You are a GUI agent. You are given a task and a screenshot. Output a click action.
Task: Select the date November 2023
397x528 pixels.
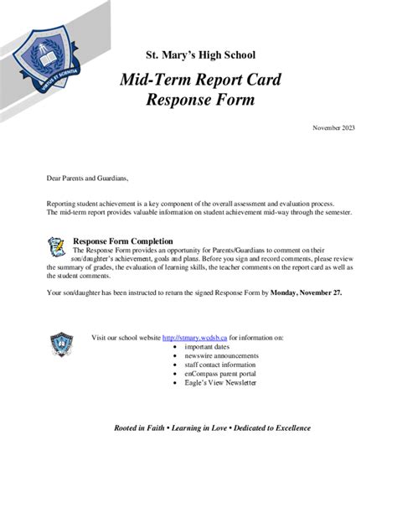(333, 127)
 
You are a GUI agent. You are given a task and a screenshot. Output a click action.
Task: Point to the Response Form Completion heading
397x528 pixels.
(123, 241)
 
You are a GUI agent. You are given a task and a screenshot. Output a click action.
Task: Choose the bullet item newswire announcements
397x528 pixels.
(221, 355)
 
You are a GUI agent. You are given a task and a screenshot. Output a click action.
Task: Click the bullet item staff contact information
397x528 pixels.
(220, 365)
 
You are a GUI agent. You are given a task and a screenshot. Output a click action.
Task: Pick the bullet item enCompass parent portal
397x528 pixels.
(218, 374)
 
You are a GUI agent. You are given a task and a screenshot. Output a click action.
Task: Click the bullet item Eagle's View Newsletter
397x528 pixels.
(220, 383)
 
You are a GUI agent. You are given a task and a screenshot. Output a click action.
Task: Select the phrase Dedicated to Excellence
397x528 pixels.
(273, 427)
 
